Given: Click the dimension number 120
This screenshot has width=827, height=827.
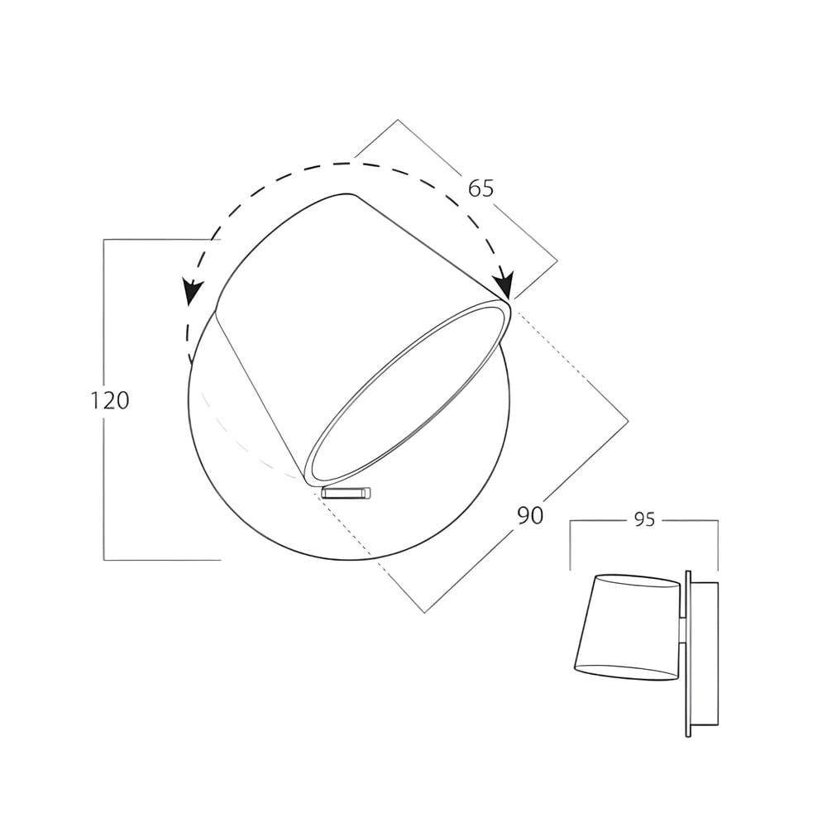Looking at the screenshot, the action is [110, 400].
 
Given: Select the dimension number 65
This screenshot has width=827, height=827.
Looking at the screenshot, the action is [480, 189].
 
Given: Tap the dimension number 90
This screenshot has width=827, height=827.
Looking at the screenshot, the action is [530, 515].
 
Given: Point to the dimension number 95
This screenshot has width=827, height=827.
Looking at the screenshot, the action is [644, 520].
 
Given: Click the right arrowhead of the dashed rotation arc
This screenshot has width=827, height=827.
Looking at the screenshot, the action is [504, 284].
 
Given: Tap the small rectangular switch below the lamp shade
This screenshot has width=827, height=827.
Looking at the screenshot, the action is [347, 493].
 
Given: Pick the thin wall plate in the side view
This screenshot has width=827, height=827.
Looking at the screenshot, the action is [688, 653].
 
